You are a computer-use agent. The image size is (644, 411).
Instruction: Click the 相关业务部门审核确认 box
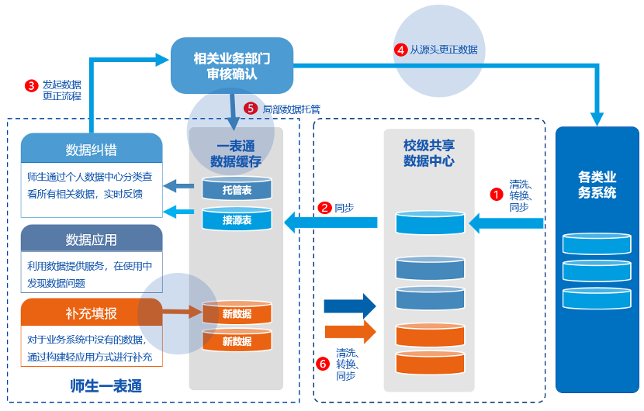(x=232, y=65)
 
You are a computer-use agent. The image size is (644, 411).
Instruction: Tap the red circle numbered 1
(x=497, y=195)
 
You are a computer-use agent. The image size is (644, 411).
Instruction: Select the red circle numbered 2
(x=325, y=208)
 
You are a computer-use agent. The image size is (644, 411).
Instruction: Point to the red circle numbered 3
(x=31, y=85)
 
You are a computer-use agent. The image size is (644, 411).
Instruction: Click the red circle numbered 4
(x=400, y=49)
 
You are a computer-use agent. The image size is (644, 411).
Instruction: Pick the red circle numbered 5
(x=250, y=109)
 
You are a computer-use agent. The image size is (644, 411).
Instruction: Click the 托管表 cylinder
(x=237, y=190)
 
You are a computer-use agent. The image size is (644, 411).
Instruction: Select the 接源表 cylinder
(x=237, y=219)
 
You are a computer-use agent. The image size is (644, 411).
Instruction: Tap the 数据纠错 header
(x=92, y=149)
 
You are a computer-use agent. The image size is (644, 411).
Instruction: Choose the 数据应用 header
(x=92, y=239)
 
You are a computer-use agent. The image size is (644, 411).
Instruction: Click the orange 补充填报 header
(x=92, y=313)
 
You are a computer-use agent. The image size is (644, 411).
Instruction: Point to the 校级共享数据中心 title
(x=428, y=154)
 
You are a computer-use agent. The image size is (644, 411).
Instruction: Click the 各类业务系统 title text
(x=597, y=185)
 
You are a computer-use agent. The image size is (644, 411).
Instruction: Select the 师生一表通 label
(x=106, y=385)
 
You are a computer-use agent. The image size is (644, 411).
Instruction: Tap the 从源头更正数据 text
(x=443, y=49)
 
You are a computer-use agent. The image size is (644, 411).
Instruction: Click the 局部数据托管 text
(x=291, y=109)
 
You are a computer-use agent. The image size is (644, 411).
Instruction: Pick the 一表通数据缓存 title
(x=236, y=154)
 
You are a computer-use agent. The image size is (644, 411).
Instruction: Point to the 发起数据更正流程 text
(x=61, y=90)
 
